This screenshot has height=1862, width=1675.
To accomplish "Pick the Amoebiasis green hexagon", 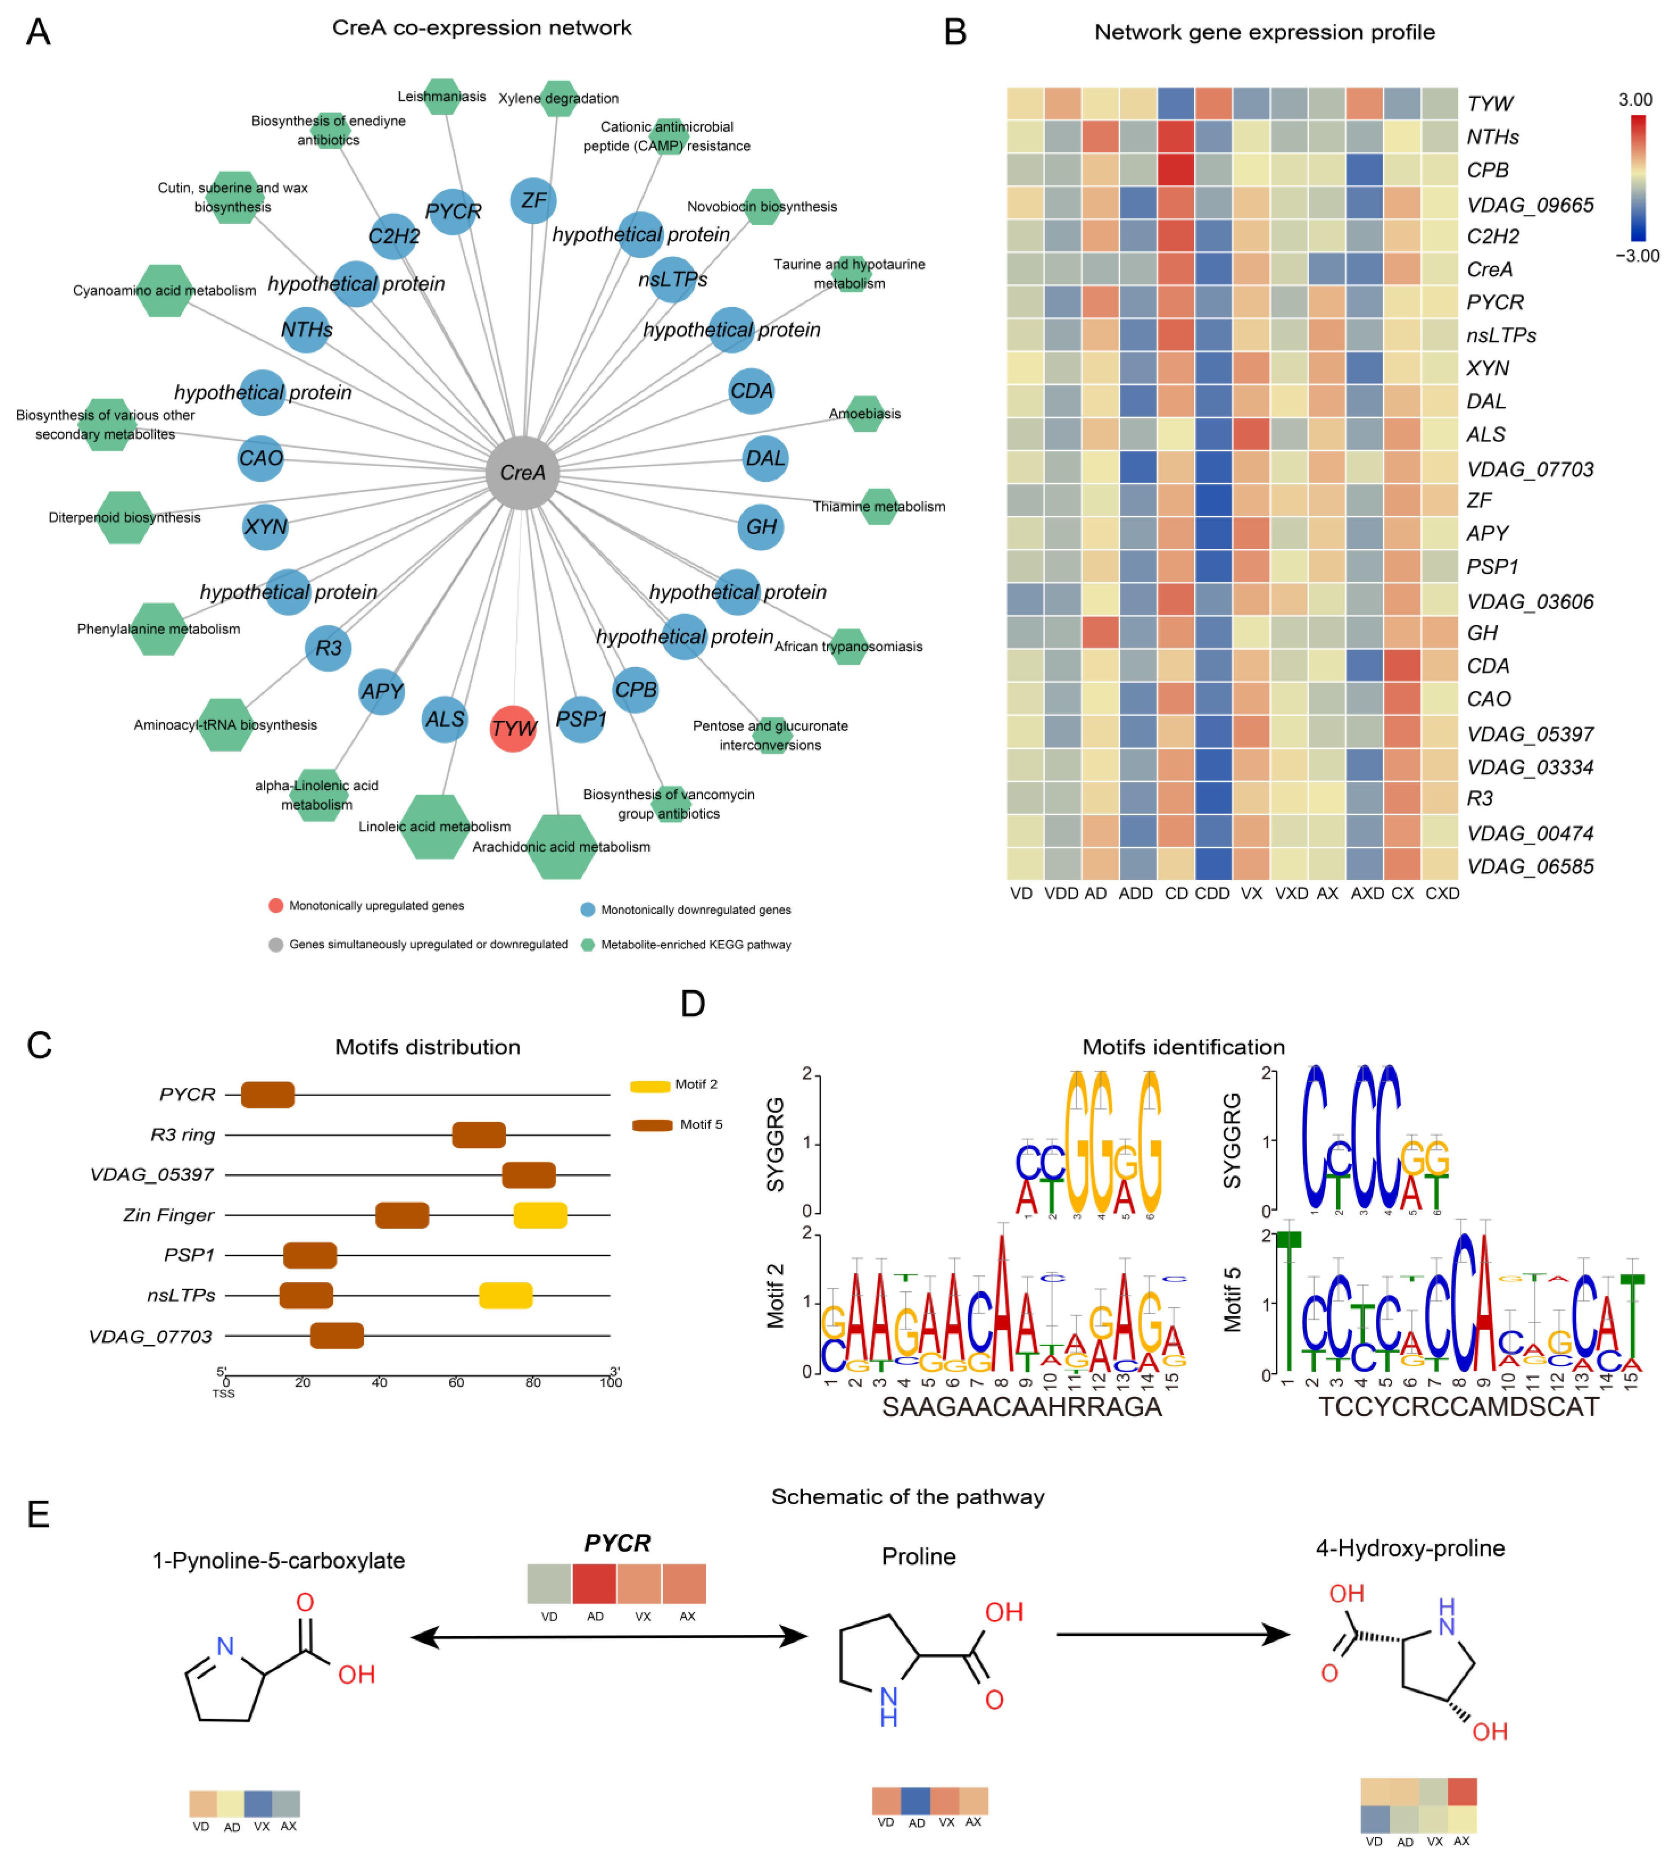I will (864, 414).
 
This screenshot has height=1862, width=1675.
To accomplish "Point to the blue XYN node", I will (265, 527).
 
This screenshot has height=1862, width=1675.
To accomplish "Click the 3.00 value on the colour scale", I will (1636, 99).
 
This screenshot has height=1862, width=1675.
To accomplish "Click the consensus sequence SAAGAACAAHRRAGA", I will (1021, 1406).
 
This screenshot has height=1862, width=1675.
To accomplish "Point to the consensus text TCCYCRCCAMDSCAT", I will (1459, 1406).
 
